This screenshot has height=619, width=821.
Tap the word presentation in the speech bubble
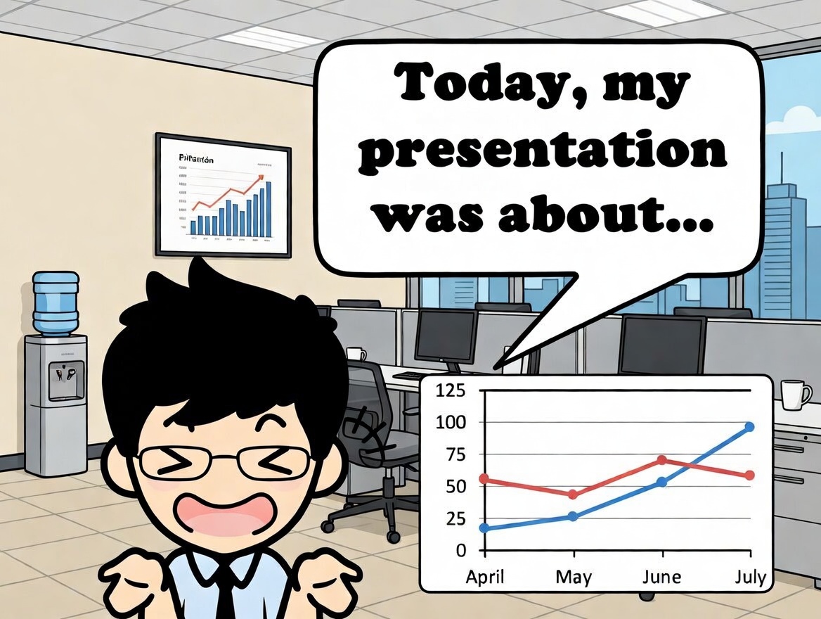tap(542, 153)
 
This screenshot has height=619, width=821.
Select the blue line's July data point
tap(749, 427)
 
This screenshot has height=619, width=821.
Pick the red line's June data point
tap(662, 460)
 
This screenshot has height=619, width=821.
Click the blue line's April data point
tap(484, 528)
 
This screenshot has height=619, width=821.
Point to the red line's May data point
tap(573, 494)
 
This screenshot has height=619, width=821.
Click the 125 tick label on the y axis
tap(451, 391)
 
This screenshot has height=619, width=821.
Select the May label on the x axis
tap(573, 577)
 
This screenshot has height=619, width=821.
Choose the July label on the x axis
tap(750, 578)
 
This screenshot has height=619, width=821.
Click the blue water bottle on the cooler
tap(56, 302)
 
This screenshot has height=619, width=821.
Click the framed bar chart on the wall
tap(224, 195)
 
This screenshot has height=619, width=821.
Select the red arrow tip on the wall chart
tap(261, 177)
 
